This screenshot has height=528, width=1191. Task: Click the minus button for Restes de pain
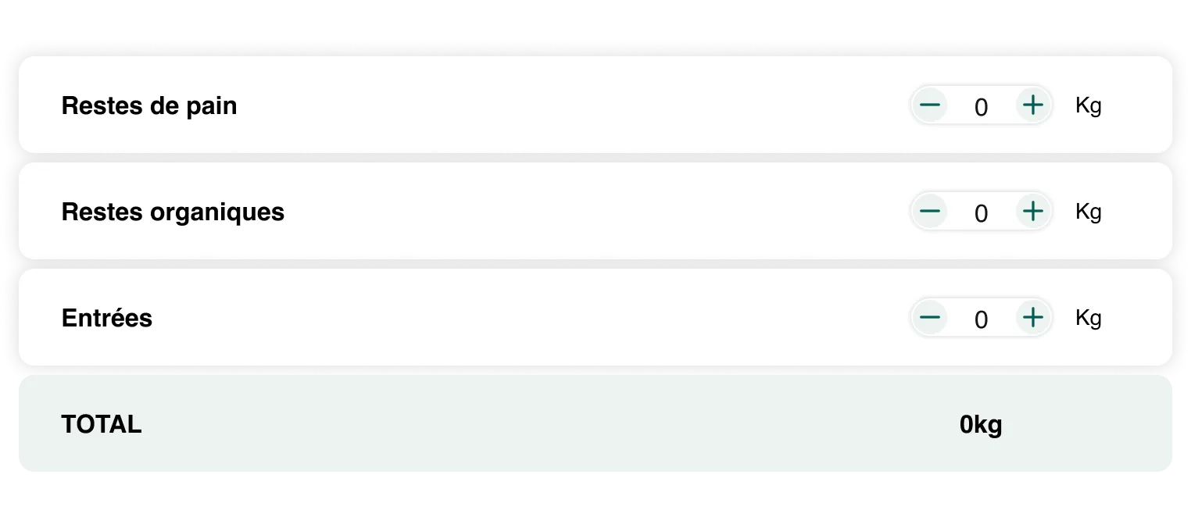(930, 105)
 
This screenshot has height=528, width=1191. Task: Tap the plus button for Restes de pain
(1033, 105)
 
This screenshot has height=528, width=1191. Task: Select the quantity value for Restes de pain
(982, 107)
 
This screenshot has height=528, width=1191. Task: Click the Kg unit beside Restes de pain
(1089, 105)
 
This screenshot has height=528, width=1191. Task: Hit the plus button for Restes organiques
(1033, 212)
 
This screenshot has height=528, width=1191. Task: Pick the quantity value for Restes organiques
(982, 213)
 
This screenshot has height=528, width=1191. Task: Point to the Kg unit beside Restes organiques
(1089, 212)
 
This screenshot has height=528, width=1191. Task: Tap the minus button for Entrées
(930, 318)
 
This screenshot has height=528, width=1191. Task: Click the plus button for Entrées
(1033, 318)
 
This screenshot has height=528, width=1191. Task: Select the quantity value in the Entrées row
(982, 319)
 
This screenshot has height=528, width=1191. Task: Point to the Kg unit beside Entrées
(1089, 318)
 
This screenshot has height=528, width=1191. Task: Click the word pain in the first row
(211, 107)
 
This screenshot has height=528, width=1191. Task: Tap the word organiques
(217, 213)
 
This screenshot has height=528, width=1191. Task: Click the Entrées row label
(107, 317)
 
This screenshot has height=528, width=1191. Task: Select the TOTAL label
(102, 424)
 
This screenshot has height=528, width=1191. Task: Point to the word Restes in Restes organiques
(102, 212)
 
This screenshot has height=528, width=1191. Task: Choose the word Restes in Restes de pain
(102, 105)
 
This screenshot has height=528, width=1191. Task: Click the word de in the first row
(164, 105)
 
